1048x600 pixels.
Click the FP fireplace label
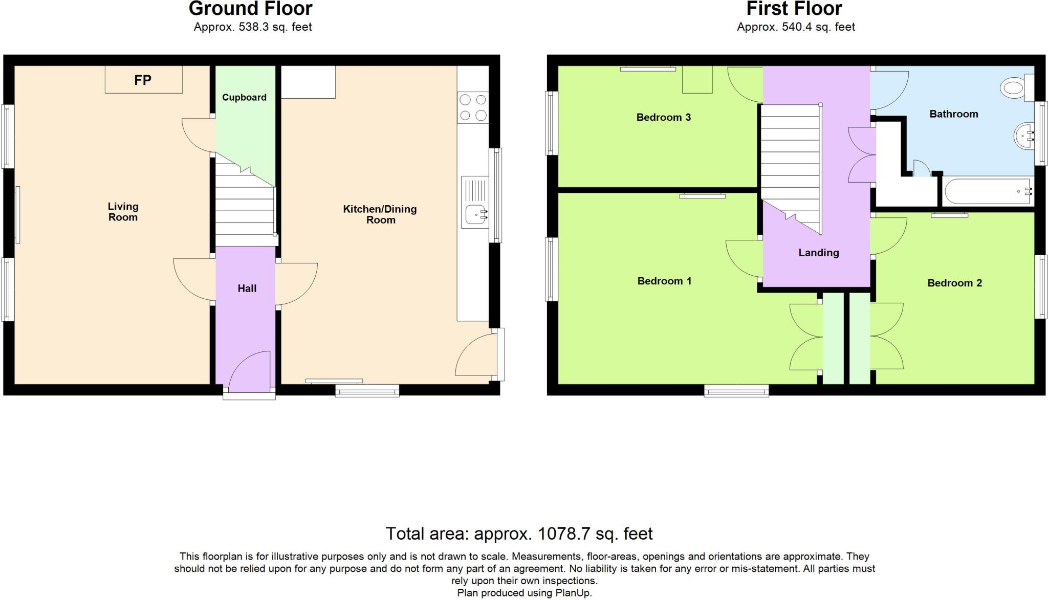pos(143,80)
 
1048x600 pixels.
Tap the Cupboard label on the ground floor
pos(244,97)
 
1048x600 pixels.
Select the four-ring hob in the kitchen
pos(473,108)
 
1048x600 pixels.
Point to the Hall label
pos(247,288)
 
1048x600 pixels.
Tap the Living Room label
pos(123,212)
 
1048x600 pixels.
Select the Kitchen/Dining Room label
pos(380,214)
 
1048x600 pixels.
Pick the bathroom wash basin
pos(1023,136)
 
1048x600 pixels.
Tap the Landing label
pos(819,253)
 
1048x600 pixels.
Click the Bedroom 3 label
pos(663,117)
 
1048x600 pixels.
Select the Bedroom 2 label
pos(954,283)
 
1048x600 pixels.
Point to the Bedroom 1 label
pos(664,281)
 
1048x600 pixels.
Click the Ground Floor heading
pos(250,9)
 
